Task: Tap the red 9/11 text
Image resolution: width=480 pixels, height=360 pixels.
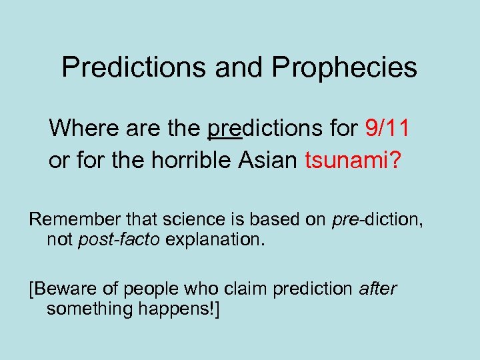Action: pos(387,127)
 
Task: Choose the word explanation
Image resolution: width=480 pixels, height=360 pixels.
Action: pos(215,239)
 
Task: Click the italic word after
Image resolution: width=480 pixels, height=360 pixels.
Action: pos(378,289)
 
